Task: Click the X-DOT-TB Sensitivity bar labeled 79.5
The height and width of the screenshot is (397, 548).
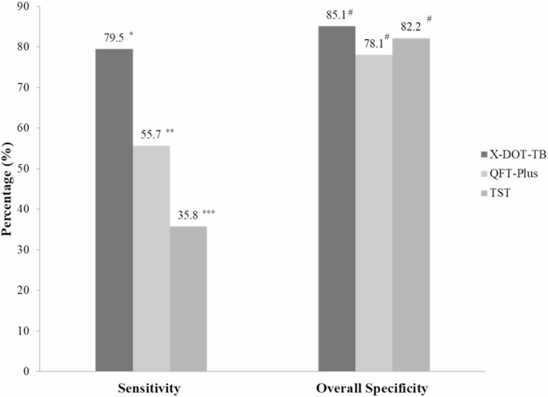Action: (114, 210)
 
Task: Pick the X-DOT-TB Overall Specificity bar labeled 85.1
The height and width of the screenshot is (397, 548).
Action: (337, 198)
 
